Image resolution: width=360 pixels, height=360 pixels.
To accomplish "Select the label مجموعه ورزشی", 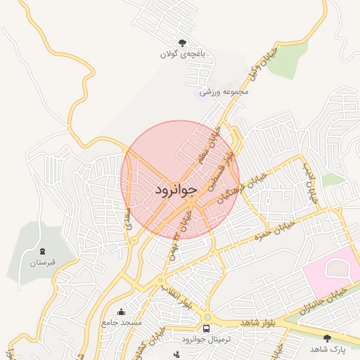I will (224, 91).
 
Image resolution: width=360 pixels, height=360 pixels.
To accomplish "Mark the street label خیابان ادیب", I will (310, 184).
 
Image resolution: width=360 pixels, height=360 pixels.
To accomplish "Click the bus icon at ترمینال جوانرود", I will (207, 328).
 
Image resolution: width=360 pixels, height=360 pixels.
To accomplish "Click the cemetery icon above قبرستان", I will (41, 252).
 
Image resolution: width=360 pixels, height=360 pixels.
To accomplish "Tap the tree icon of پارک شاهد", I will (326, 338).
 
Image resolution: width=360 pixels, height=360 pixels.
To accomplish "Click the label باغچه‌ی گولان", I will (183, 54).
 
